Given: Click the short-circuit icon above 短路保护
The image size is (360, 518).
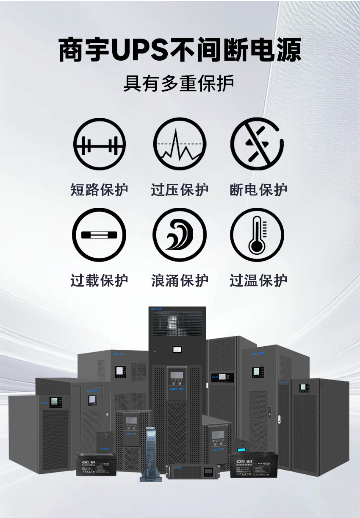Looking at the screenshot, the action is click(x=100, y=144).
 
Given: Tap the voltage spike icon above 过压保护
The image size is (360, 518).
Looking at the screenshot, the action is click(x=180, y=144).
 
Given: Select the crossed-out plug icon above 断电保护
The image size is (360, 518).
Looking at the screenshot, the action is click(x=258, y=144).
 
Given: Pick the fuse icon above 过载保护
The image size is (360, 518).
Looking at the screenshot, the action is click(x=100, y=234).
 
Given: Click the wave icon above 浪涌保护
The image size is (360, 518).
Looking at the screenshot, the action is click(x=180, y=234).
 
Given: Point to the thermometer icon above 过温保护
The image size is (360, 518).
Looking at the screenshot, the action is click(x=258, y=234).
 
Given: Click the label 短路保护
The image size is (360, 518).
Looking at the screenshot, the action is click(x=100, y=189).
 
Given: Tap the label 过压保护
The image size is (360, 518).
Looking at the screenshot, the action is click(x=180, y=189).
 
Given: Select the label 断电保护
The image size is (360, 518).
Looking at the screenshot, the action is click(x=258, y=189).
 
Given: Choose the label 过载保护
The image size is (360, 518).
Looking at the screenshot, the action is click(x=100, y=280).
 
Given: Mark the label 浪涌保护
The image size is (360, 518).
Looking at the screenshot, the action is click(x=180, y=280).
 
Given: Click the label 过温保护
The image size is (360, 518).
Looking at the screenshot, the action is click(x=258, y=280).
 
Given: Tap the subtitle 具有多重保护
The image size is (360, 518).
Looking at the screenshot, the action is click(x=179, y=84).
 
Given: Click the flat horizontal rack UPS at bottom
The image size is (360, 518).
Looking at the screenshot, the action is click(x=193, y=471).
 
